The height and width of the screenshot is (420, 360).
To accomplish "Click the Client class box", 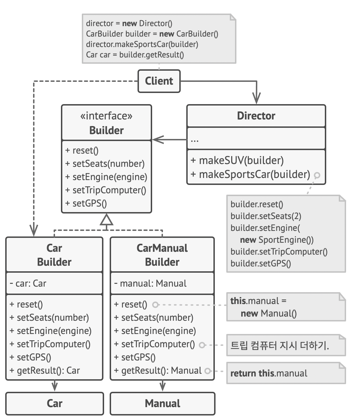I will (x=159, y=81).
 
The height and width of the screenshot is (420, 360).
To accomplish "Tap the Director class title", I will (x=256, y=116).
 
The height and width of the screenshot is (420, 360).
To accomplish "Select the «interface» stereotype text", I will (x=107, y=116).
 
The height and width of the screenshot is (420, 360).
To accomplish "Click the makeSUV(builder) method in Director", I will (x=237, y=160).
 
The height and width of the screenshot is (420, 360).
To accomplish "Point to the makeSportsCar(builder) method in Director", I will (x=251, y=174).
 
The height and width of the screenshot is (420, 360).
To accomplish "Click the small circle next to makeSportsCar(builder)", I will (x=317, y=175).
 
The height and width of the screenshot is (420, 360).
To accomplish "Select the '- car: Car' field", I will (x=28, y=283).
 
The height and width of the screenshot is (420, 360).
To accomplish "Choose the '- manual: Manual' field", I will (x=150, y=283).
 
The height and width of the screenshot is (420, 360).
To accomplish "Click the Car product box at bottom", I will (x=55, y=403).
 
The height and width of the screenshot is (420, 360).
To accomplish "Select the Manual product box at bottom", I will (x=163, y=403).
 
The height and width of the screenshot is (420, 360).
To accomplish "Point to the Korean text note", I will (x=280, y=345).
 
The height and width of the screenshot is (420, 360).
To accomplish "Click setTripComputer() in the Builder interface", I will (x=106, y=190).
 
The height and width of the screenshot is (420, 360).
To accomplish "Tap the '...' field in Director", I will (x=195, y=140).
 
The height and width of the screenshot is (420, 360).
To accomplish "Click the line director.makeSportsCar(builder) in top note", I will (x=142, y=44).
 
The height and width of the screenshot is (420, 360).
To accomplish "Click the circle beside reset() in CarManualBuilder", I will (x=156, y=305).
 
